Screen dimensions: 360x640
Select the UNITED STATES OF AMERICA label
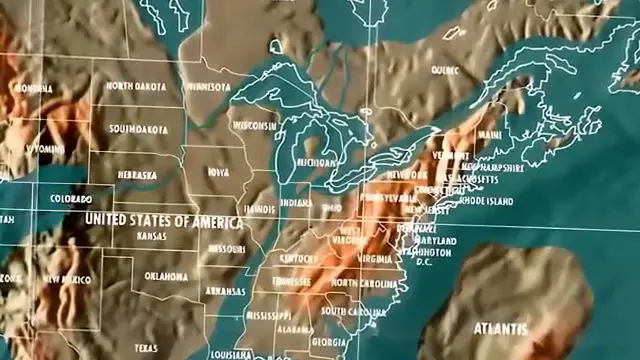click(x=152, y=218)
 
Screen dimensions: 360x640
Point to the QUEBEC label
click(x=445, y=71)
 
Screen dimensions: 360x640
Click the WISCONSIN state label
click(x=255, y=127)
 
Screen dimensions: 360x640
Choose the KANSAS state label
click(x=154, y=236)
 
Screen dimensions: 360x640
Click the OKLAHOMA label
click(x=165, y=275)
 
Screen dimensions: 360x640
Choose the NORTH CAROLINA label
click(x=359, y=283)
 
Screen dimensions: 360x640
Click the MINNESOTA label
click(x=207, y=87)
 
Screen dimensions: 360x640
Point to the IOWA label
click(x=218, y=172)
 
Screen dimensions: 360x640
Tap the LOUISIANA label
click(x=234, y=354)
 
